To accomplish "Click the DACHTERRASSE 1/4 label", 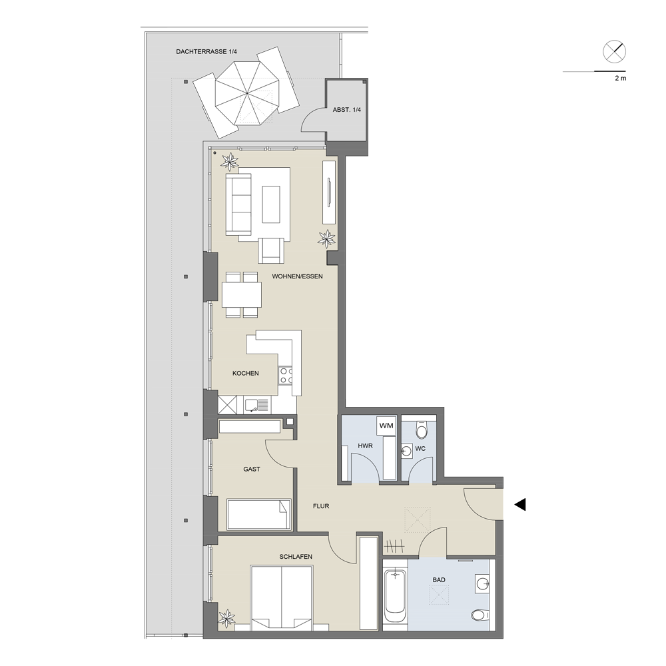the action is (x=206, y=52).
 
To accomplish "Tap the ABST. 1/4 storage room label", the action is (x=346, y=110).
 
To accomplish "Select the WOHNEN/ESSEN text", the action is (x=297, y=276).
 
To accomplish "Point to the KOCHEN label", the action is (x=246, y=374).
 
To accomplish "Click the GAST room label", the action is (x=252, y=470).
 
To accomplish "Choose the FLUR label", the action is (x=321, y=506).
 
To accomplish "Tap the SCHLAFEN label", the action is (x=296, y=557).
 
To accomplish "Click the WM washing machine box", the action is (x=386, y=426).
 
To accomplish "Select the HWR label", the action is (x=365, y=446).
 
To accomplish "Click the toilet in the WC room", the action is (x=422, y=430).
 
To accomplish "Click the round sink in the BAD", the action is (x=483, y=584).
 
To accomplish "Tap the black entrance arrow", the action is (x=520, y=505).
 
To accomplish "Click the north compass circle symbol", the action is (x=614, y=52).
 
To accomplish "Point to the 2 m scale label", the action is (x=621, y=78).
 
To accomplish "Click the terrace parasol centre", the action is (x=247, y=93).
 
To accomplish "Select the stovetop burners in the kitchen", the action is (x=286, y=376).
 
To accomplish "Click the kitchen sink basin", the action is (x=256, y=405).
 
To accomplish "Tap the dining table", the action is (x=242, y=295).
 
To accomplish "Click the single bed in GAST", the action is (x=259, y=514).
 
